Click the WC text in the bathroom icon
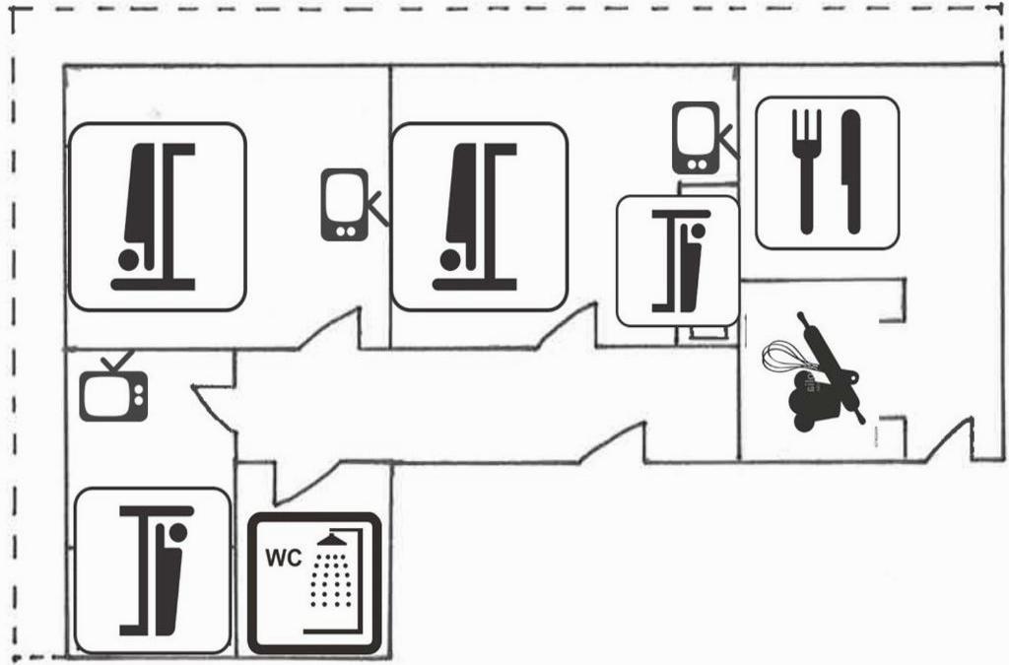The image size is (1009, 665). coord(283,555)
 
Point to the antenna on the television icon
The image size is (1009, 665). coord(116,362)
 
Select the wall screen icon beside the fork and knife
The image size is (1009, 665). coord(697,137)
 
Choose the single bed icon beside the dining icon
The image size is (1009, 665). coord(677,261)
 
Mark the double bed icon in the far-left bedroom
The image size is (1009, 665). coord(156,217)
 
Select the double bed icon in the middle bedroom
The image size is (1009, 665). coord(479,217)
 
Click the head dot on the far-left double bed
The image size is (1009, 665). coord(128,259)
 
